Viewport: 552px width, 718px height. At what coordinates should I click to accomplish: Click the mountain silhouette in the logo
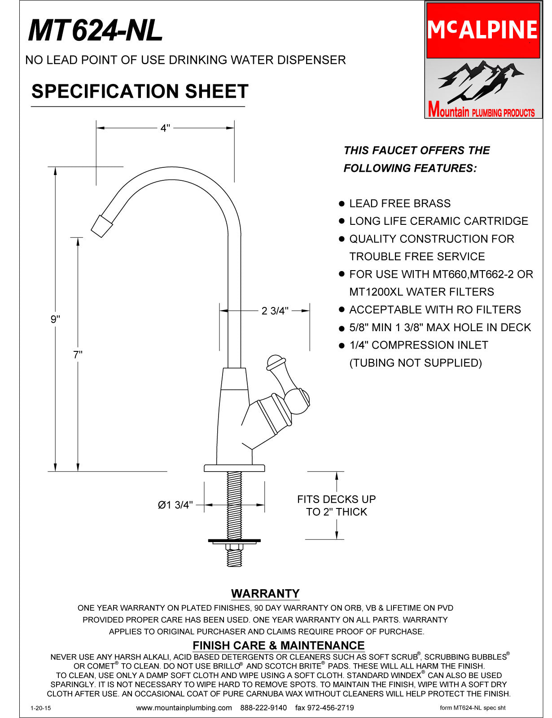tap(480, 81)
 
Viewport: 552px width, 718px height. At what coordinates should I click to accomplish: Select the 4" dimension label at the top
tap(165, 128)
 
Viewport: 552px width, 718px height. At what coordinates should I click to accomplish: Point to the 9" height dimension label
tap(55, 319)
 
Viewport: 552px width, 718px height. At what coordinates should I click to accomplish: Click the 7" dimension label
tap(78, 355)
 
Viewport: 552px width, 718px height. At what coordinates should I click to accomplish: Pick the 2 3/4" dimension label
tap(275, 311)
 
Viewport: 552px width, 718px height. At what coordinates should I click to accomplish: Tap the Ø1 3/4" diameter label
tap(175, 505)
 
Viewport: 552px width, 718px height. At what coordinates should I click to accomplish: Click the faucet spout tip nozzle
tap(102, 225)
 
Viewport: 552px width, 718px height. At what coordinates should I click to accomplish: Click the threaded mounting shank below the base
tap(234, 503)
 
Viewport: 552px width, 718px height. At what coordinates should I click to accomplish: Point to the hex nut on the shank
tap(234, 547)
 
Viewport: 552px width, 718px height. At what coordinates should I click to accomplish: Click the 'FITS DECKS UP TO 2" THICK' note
tap(336, 505)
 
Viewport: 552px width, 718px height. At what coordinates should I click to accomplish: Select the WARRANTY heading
tap(265, 593)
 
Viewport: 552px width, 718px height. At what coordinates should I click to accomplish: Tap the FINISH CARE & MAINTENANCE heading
tap(278, 645)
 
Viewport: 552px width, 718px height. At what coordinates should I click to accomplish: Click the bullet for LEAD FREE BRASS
tap(342, 204)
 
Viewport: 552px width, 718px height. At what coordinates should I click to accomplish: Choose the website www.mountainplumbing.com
tap(184, 708)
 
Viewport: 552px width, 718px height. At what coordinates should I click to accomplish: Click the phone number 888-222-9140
tap(263, 708)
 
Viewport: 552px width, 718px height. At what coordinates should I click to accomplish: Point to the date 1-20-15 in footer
tap(40, 708)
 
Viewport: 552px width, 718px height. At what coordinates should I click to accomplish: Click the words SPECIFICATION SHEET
tap(140, 92)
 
